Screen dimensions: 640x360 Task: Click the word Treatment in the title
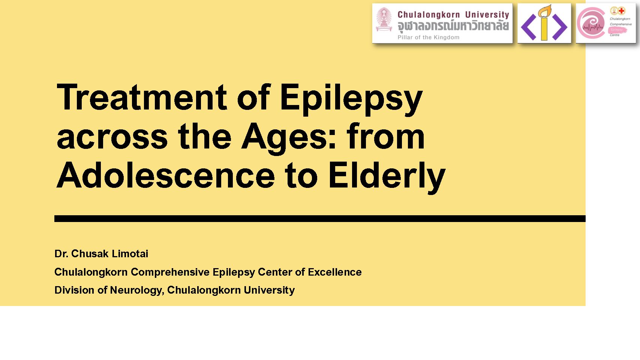(142, 97)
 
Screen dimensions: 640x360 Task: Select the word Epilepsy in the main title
(351, 99)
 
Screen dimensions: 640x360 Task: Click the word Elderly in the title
(387, 177)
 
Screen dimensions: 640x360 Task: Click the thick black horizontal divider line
(320, 219)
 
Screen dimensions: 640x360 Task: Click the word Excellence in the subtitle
(334, 272)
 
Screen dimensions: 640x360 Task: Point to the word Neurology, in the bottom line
(137, 290)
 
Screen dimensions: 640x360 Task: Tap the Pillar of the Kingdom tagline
(429, 37)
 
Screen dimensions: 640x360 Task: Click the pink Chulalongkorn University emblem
(384, 19)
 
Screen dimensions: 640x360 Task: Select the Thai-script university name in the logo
(453, 26)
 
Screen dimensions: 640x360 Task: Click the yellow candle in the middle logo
(544, 23)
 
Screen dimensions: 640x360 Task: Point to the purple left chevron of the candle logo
(529, 27)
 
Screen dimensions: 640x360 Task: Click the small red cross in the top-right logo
(622, 11)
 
